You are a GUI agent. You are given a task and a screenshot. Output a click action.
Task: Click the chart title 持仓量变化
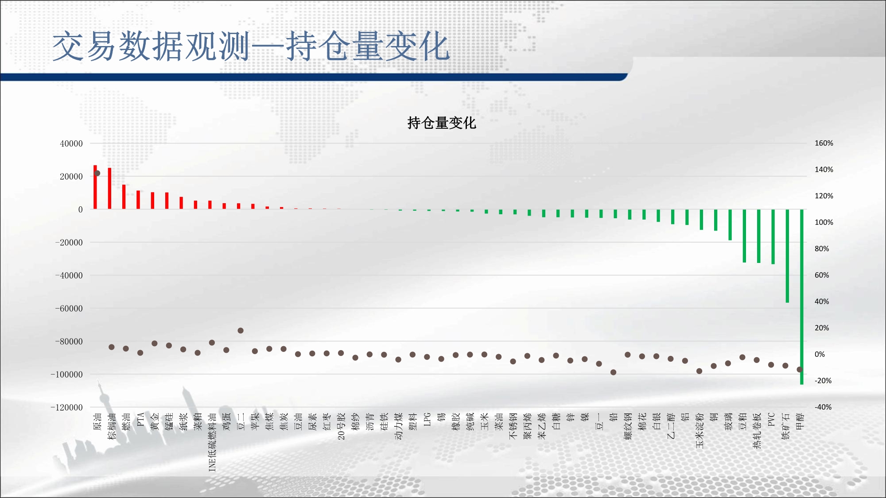[x=442, y=123]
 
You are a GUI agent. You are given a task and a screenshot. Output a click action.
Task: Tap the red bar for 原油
[x=95, y=187]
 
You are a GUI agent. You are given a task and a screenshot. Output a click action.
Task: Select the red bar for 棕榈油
[x=109, y=189]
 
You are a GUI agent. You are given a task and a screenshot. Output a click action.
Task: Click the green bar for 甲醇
[x=802, y=297]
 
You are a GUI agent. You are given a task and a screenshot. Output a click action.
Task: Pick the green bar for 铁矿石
[x=787, y=256]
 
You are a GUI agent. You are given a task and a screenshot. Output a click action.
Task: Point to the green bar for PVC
[x=773, y=237]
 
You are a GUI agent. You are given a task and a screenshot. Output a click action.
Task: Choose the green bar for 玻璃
[x=730, y=225]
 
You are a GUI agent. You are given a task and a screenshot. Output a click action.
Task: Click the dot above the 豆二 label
[x=241, y=331]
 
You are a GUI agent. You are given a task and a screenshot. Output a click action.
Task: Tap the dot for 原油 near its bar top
[x=97, y=173]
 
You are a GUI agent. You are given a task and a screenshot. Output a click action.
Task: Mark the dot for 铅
[x=613, y=372]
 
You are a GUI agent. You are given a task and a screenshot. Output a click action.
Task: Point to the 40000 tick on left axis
[x=71, y=143]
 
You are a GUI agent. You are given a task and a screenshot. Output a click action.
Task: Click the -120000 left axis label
[x=66, y=407]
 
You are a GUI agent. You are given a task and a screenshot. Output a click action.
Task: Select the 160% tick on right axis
[x=824, y=143]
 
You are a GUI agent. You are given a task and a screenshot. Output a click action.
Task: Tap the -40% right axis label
[x=823, y=407]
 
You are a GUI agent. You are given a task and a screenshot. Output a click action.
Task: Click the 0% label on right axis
[x=820, y=354]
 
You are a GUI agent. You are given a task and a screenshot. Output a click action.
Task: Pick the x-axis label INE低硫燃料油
[x=212, y=442]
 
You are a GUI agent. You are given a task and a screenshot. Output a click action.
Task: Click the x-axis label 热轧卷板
[x=757, y=431]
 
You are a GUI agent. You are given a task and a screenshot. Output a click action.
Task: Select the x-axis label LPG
[x=427, y=420]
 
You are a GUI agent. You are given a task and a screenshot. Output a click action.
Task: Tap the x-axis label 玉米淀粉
[x=700, y=431]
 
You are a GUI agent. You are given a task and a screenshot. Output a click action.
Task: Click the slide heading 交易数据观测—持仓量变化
[x=251, y=46]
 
